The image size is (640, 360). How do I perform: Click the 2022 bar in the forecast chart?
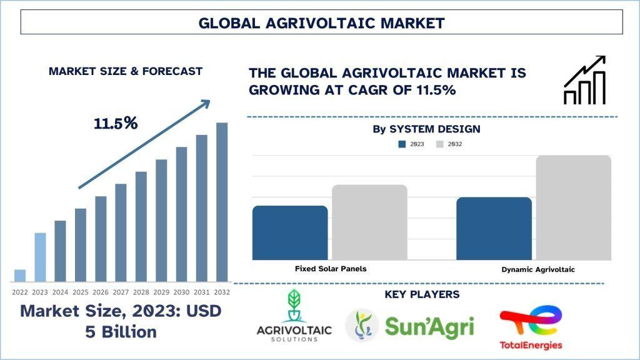click(x=20, y=276)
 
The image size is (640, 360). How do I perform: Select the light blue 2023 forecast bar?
click(x=40, y=257)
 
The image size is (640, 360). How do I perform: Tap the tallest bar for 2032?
click(x=222, y=202)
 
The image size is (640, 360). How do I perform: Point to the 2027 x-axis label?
click(x=121, y=292)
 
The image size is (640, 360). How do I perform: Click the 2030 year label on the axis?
click(x=181, y=292)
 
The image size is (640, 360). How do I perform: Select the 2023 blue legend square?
click(x=402, y=144)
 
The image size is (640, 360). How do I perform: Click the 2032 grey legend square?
click(x=439, y=144)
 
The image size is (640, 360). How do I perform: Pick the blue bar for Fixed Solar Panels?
click(x=290, y=232)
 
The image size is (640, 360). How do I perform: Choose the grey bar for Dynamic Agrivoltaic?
click(x=574, y=207)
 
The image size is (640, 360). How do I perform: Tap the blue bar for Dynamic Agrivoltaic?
click(x=494, y=229)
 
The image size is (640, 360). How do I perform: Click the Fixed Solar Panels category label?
click(x=331, y=269)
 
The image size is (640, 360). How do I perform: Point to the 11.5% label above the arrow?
click(x=116, y=123)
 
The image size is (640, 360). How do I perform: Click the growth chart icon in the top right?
click(x=584, y=80)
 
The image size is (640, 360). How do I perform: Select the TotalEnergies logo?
click(x=531, y=329)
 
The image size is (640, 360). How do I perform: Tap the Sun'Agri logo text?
click(x=429, y=327)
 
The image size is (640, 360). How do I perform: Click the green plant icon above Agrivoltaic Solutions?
click(x=294, y=305)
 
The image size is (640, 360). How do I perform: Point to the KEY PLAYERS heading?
click(x=422, y=294)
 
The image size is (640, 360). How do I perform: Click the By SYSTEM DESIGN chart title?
click(x=426, y=129)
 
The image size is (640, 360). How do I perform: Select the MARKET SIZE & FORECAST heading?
click(x=125, y=71)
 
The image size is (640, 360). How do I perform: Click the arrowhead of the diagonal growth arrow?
click(x=206, y=103)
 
